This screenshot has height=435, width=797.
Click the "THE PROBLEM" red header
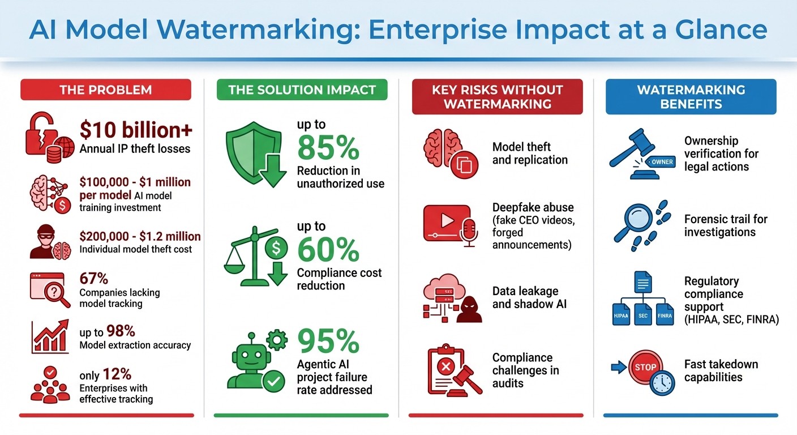click(106, 89)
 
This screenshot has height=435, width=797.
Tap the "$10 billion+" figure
click(136, 130)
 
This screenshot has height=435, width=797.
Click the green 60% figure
click(328, 249)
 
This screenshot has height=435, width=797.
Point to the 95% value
click(328, 342)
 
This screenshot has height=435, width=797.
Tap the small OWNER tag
click(662, 162)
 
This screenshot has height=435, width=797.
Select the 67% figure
click(94, 279)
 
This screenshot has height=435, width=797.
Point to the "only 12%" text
click(105, 374)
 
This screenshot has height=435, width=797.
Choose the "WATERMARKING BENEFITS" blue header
click(691, 96)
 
